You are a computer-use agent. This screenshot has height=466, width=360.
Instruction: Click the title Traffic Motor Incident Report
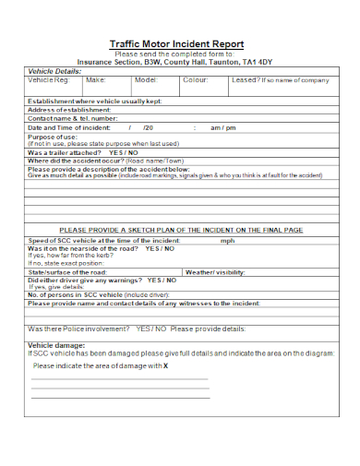click(177, 43)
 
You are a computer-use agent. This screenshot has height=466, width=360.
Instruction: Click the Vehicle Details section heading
click(54, 71)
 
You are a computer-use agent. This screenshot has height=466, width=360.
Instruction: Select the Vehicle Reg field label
click(47, 80)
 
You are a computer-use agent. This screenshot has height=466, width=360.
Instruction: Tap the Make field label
click(95, 80)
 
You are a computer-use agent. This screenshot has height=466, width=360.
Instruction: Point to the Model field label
click(146, 80)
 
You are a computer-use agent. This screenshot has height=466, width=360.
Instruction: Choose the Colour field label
click(196, 80)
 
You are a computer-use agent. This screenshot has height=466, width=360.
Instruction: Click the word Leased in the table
click(246, 80)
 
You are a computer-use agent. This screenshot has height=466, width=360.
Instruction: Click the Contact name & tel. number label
click(73, 119)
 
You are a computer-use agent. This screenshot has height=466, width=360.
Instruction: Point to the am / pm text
click(223, 127)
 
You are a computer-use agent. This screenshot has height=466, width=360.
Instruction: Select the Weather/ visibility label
click(216, 273)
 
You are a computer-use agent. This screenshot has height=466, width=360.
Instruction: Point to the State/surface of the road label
click(67, 273)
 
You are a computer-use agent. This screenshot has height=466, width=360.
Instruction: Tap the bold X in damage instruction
click(166, 366)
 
